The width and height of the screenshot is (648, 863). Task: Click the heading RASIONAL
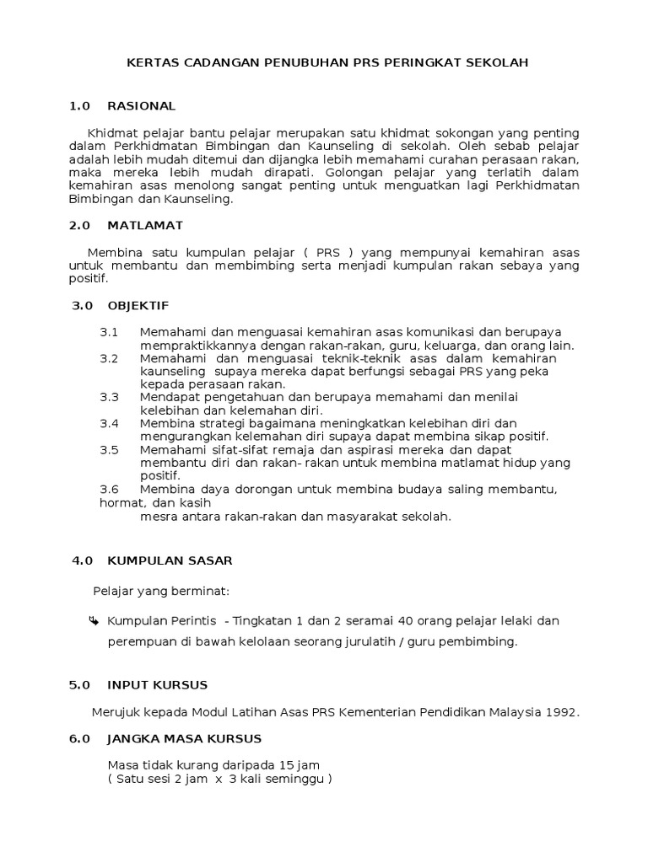point(142,106)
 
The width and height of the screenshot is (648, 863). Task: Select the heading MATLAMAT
point(145,226)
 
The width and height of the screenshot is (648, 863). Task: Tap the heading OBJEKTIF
point(138,305)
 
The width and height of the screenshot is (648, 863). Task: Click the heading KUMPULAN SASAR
point(170,560)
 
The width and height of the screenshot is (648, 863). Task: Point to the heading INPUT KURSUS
point(157,685)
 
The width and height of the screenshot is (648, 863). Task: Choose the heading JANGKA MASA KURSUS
point(185,739)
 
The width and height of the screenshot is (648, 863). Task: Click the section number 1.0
point(79,106)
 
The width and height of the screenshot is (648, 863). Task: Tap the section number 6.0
point(79,739)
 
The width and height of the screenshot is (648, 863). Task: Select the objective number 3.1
point(110,332)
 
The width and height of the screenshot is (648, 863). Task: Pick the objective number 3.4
point(110,423)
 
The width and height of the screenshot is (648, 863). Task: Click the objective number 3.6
point(110,489)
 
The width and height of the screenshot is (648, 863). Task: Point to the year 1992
point(562,712)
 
